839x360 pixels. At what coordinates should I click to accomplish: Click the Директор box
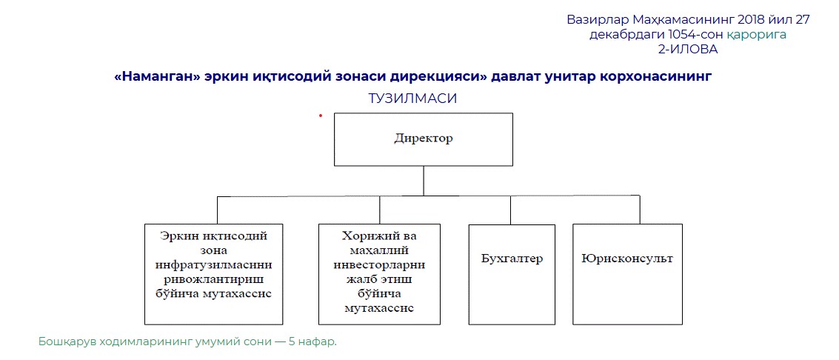point(424,139)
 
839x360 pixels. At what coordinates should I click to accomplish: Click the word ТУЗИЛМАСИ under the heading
point(412,99)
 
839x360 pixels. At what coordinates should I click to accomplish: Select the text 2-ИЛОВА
point(688,49)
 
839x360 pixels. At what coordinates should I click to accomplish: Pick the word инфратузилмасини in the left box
point(214,264)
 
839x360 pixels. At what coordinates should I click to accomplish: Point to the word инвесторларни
point(379,265)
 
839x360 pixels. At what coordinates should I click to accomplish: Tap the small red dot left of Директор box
point(321,115)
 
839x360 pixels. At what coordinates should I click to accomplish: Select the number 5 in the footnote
point(292,342)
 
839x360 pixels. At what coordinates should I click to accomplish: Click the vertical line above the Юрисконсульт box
point(639,210)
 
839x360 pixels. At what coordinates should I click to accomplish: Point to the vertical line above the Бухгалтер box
point(510,210)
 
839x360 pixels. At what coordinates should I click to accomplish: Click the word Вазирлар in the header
point(598,20)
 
